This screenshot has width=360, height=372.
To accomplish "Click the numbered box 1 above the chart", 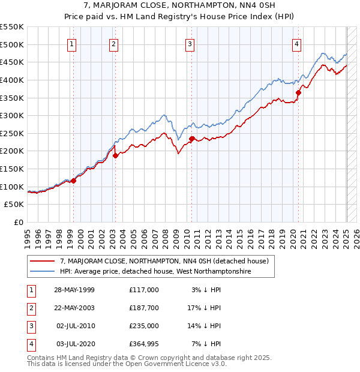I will (x=72, y=43).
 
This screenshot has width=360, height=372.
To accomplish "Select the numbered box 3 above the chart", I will (x=190, y=43).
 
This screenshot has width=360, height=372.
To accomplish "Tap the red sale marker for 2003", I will (x=115, y=155).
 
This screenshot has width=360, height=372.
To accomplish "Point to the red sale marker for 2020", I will (x=298, y=92).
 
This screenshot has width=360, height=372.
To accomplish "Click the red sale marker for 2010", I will (x=191, y=139).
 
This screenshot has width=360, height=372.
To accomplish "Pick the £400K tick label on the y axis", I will (x=12, y=80).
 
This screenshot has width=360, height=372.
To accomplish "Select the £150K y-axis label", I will (x=12, y=169).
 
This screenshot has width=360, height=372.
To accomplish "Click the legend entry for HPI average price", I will (x=155, y=272).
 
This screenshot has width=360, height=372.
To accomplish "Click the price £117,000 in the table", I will (x=143, y=290).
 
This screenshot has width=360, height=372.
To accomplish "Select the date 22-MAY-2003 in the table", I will (x=74, y=308).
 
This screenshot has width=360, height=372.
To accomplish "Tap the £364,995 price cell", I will (x=143, y=344).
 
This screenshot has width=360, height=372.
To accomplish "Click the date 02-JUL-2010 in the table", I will (x=74, y=326).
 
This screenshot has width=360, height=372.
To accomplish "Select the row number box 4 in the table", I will (x=30, y=344).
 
